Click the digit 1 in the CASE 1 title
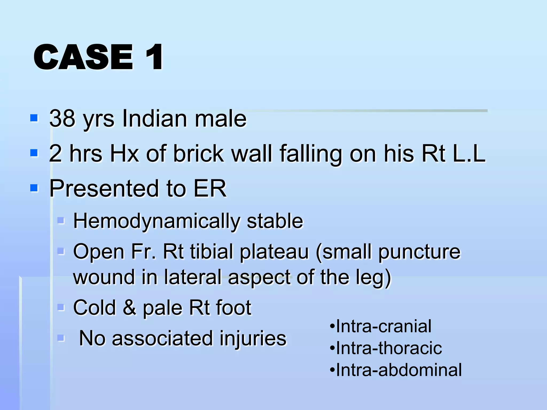154,57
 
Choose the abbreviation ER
210,188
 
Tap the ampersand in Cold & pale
130,307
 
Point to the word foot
234,307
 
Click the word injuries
253,338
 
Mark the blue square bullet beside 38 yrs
34,118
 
